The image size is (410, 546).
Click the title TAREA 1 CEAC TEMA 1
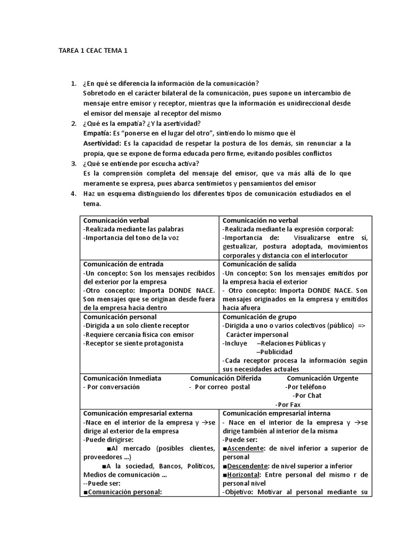(x=93, y=51)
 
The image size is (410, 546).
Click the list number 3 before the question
(x=74, y=164)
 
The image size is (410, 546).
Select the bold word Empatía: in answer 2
(x=98, y=133)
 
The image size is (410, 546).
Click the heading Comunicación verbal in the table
(x=116, y=220)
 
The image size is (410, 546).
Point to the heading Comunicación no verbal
(x=260, y=220)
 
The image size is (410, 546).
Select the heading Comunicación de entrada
(x=123, y=264)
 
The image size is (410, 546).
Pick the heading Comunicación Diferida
(x=226, y=378)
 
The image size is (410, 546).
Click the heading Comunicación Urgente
(x=322, y=378)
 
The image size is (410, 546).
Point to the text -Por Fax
(x=288, y=405)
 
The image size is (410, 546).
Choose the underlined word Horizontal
(x=244, y=475)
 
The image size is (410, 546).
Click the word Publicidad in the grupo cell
(x=274, y=352)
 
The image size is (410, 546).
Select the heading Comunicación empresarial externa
(x=138, y=413)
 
